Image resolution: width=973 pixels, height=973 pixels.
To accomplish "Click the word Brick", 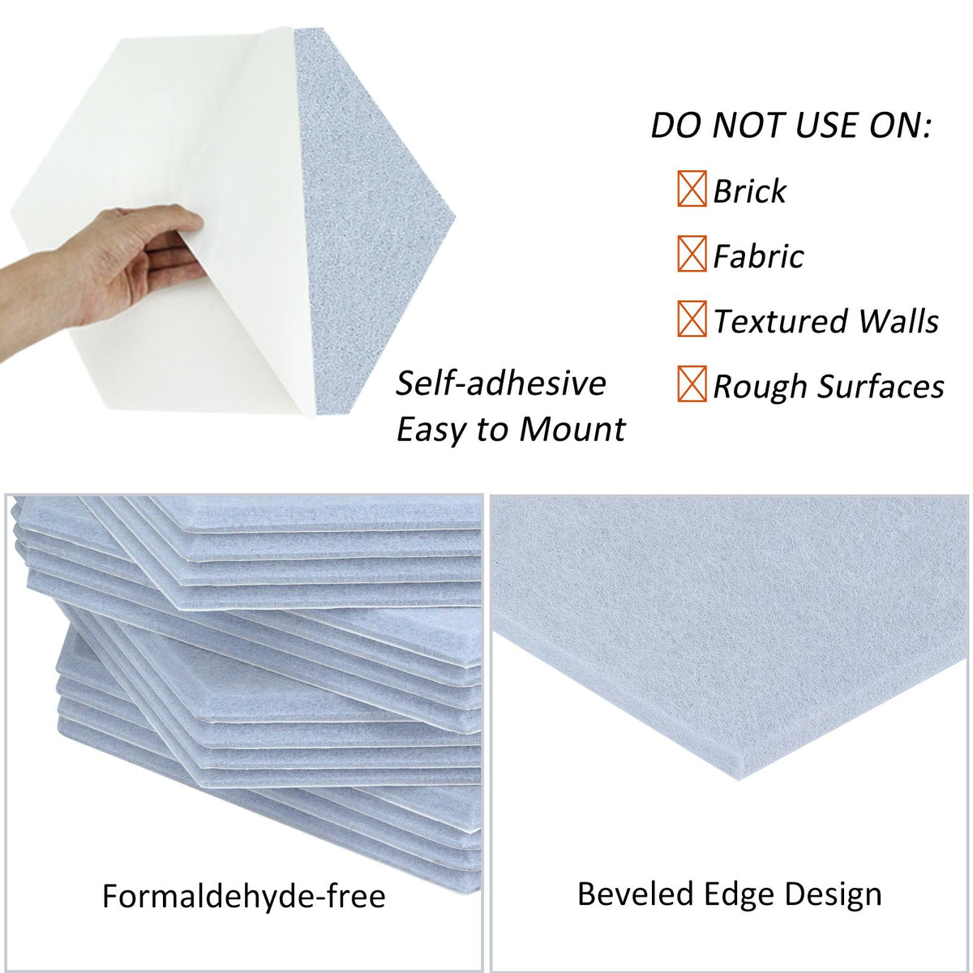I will tap(749, 191).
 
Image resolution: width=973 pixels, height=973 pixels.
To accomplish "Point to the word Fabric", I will tap(758, 256).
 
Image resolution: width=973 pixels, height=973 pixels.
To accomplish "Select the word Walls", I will tap(898, 321).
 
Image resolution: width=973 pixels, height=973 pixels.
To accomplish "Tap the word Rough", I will tap(760, 387).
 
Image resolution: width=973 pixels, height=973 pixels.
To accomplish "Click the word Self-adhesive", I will tap(501, 384).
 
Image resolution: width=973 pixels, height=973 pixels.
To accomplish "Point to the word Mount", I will tap(572, 429).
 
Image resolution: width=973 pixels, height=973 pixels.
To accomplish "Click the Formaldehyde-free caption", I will tap(243, 896).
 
